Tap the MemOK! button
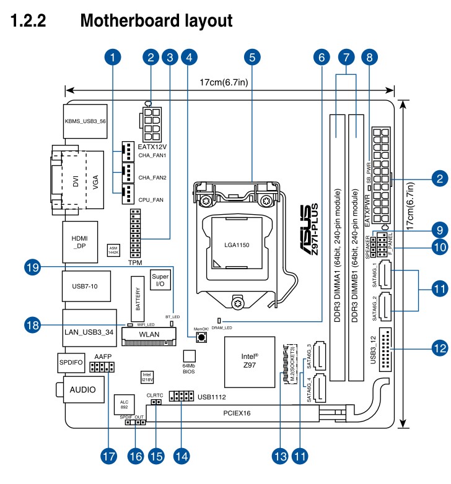[x=200, y=338]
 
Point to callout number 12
[x=439, y=348]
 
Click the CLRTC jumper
[x=155, y=402]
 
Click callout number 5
[x=250, y=58]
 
